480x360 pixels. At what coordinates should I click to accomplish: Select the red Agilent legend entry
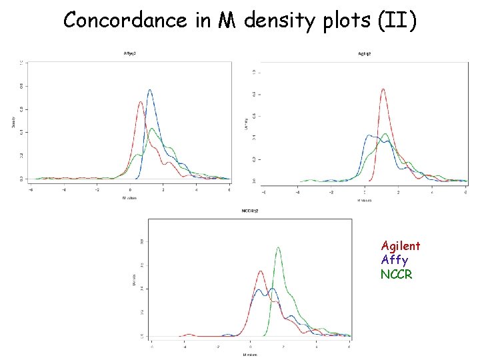point(400,246)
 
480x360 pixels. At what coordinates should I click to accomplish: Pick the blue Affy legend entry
point(395,259)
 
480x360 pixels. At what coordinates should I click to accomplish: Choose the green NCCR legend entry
point(397,273)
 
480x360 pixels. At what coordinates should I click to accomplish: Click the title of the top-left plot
point(130,53)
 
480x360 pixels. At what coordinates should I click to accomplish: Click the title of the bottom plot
point(250,211)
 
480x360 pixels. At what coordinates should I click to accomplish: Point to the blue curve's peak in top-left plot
point(149,90)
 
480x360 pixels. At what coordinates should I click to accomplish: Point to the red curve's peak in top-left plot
point(140,102)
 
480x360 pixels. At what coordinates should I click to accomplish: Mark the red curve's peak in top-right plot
point(383,90)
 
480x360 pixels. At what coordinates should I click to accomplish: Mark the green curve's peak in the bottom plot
point(278,248)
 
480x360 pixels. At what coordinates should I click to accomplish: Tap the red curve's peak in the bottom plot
point(260,271)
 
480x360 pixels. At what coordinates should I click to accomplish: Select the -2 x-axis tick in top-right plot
point(331,192)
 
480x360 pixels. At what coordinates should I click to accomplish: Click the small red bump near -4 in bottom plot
point(189,334)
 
